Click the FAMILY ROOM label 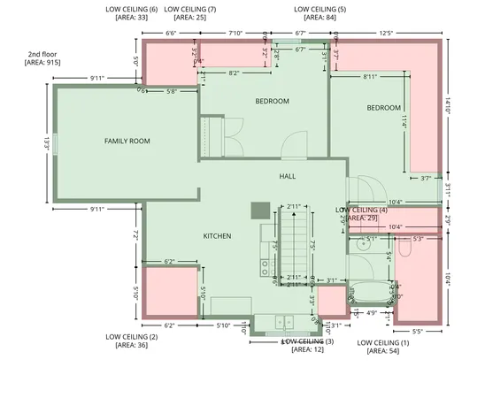[x=127, y=142]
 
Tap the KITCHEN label [x=218, y=236]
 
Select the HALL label [x=288, y=177]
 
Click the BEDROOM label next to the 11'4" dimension [x=384, y=108]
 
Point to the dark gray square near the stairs [x=260, y=210]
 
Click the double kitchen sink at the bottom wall [x=283, y=322]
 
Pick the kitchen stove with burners [x=265, y=264]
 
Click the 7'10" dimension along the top [x=235, y=33]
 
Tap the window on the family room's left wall [x=55, y=142]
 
